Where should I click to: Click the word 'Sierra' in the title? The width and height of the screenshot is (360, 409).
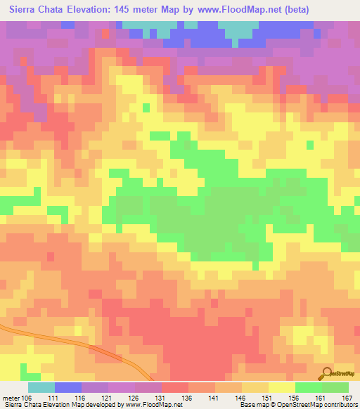pos(24,9)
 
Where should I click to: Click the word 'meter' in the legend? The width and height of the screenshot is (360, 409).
pos(11,397)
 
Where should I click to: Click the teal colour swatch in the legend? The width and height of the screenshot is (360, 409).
pos(41,387)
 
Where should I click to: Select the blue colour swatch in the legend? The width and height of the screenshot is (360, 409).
pos(68,387)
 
